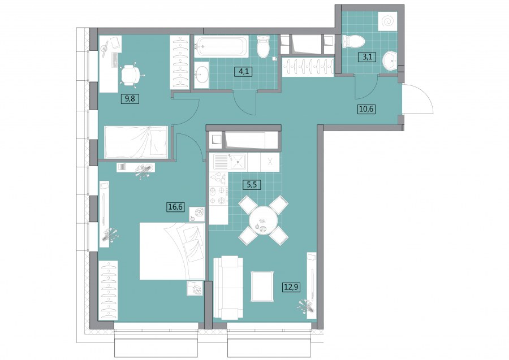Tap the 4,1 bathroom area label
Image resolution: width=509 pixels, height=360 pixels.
(x=243, y=71)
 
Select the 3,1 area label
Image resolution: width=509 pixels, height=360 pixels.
(x=367, y=58)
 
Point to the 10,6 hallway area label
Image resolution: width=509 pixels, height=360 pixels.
(x=367, y=109)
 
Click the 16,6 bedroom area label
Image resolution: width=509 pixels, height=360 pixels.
(x=175, y=206)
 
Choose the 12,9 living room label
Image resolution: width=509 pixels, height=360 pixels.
(x=291, y=287)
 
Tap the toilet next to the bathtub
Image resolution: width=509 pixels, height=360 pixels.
(x=263, y=46)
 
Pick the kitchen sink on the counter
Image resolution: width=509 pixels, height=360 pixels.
(x=239, y=161)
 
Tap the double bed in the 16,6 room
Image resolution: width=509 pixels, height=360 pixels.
(x=172, y=251)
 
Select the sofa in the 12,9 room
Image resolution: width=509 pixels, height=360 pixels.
(x=228, y=288)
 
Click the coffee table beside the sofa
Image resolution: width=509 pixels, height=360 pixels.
(x=262, y=287)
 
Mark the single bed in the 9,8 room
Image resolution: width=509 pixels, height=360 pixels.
(x=136, y=142)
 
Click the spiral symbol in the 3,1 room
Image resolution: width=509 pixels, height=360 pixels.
(x=388, y=21)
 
